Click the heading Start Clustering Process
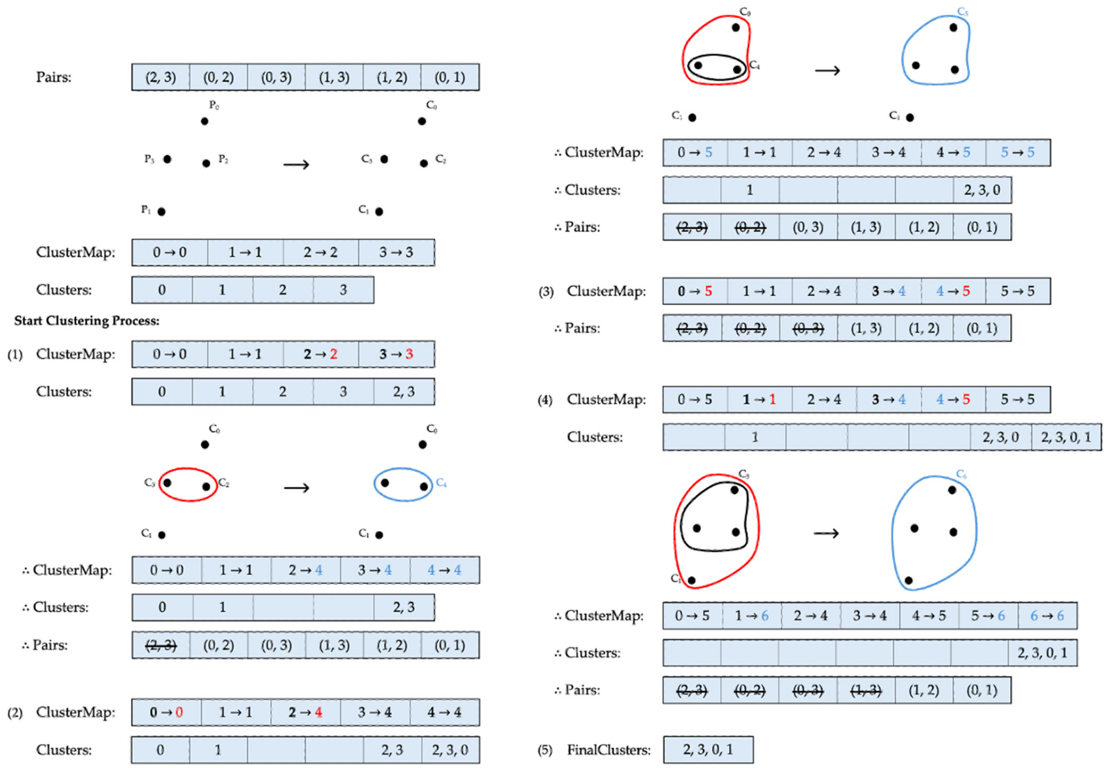pos(87,320)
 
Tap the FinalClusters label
pos(609,750)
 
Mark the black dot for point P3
pos(167,159)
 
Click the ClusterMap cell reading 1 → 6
pos(752,616)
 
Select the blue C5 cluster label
pos(962,12)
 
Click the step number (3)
pos(546,292)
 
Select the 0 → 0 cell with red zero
pos(166,712)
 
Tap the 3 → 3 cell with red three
pos(396,354)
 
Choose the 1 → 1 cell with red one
pos(759,399)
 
